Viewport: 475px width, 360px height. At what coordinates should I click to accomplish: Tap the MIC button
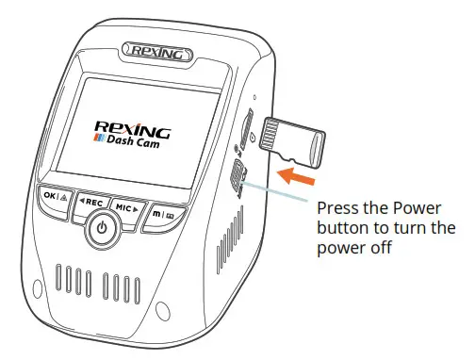coord(126,205)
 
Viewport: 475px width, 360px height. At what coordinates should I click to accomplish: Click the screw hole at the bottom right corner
coord(166,308)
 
